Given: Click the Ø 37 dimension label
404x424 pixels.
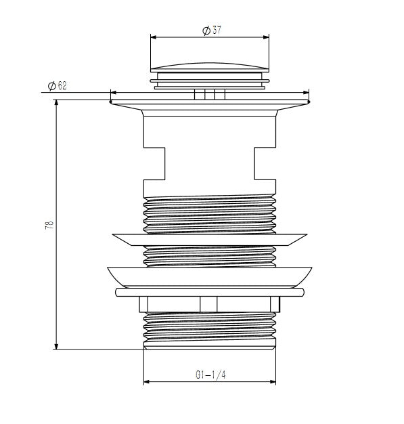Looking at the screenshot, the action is click(x=212, y=30).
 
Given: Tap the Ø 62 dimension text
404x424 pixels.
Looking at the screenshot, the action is click(x=57, y=86).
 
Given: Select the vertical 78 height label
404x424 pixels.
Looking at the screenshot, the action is click(x=49, y=226).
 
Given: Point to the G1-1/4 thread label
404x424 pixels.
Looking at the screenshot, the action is click(x=210, y=375).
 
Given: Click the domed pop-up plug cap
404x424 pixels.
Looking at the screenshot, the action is click(x=210, y=68).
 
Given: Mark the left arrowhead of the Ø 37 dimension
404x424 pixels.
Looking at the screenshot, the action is click(x=154, y=37).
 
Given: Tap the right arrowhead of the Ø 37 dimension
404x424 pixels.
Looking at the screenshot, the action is click(x=266, y=37).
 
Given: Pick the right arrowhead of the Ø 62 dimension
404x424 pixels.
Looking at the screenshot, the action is click(x=306, y=93).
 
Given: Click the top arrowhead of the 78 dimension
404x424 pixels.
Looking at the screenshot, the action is click(x=56, y=103).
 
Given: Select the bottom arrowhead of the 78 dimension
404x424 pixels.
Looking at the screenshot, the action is click(x=56, y=346).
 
